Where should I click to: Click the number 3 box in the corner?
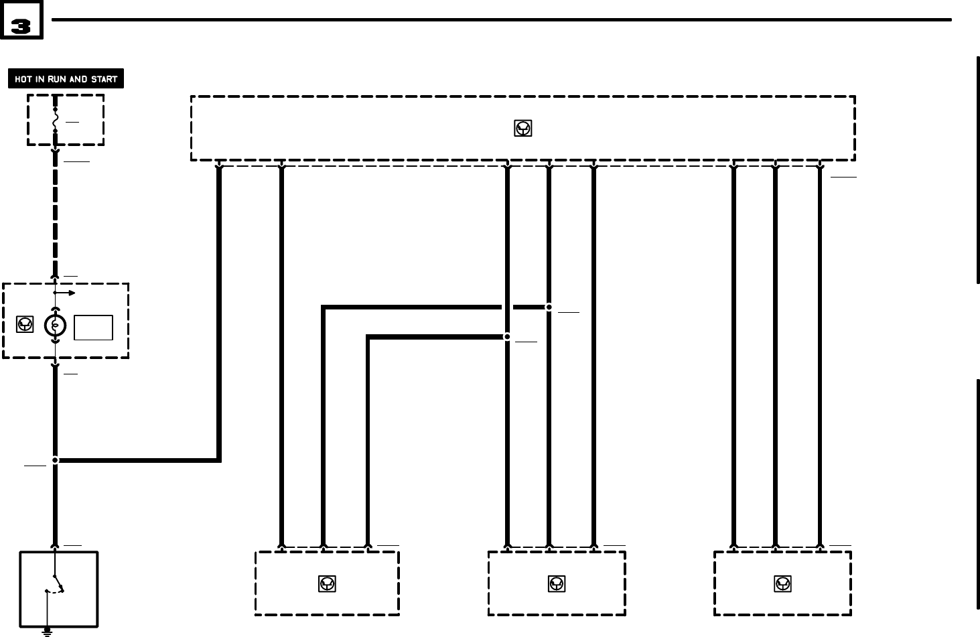coord(21,21)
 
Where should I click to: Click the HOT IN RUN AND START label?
coord(66,79)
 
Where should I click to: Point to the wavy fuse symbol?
coord(56,120)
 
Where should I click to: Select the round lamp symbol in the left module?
coord(55,326)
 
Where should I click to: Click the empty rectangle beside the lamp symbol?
coord(93,328)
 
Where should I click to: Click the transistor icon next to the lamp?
coord(25,325)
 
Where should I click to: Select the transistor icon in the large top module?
coord(522,129)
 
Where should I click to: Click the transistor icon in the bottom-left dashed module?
coord(327,584)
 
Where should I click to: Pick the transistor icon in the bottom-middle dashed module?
coord(557,584)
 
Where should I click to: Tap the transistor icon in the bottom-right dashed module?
coord(782,584)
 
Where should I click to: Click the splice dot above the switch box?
coord(55,460)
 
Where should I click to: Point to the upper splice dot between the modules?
coord(549,307)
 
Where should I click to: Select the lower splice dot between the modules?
coord(507,337)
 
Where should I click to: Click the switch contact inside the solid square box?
coord(57,583)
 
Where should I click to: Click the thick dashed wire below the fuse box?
coord(55,214)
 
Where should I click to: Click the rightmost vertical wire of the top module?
coord(819,355)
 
